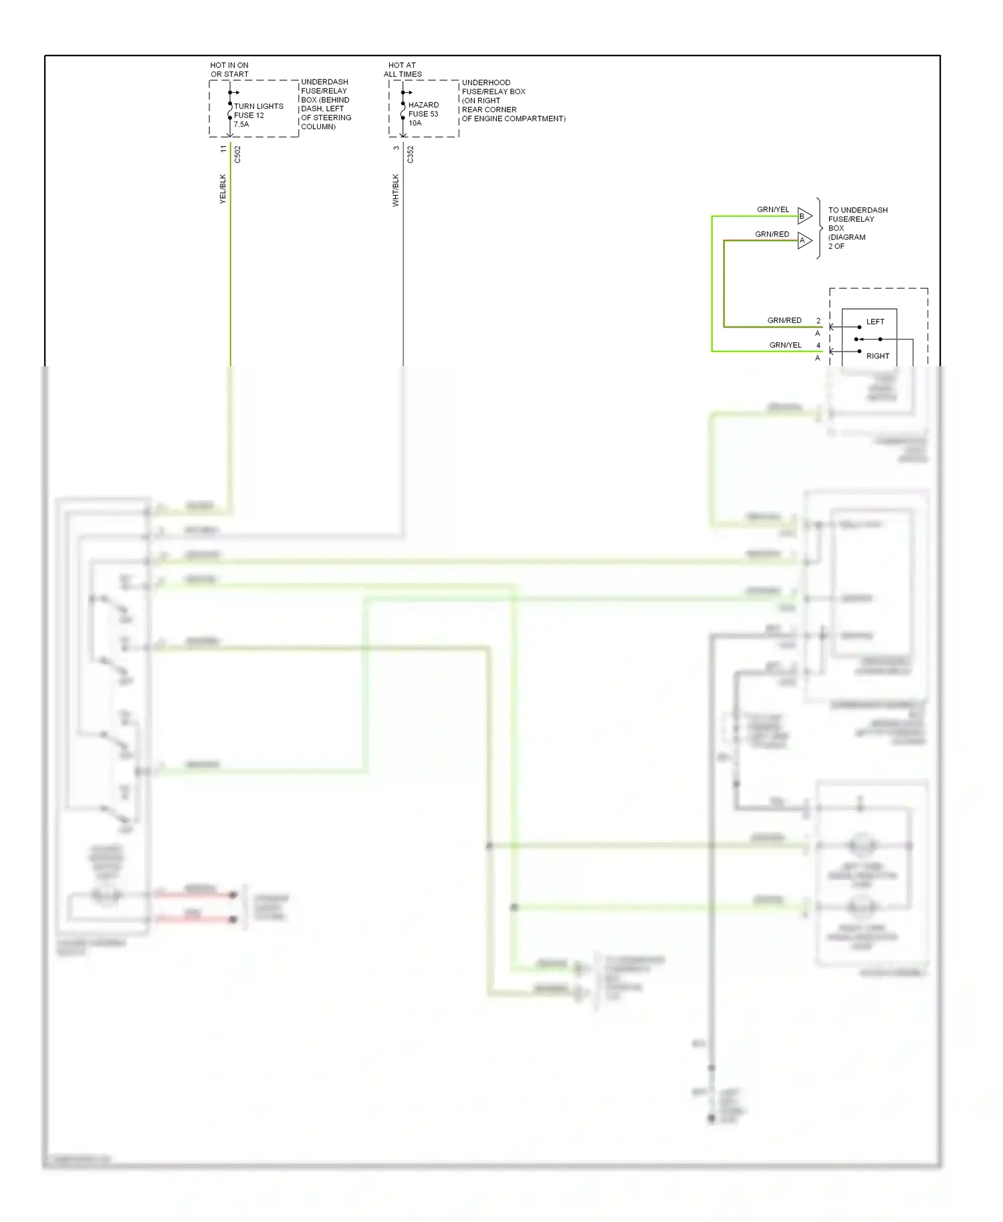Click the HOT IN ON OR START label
[x=229, y=70]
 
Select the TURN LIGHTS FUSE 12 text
[x=258, y=111]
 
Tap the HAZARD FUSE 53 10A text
[x=423, y=114]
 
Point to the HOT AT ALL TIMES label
[x=403, y=70]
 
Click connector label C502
[x=237, y=154]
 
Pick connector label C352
[x=411, y=154]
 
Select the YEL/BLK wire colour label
[x=223, y=189]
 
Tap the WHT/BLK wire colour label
[x=396, y=191]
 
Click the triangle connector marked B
[x=804, y=216]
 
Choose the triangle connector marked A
[x=804, y=241]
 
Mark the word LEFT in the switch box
[x=875, y=322]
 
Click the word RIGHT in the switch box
[x=878, y=356]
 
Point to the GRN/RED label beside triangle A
[x=772, y=234]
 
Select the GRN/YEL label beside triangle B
[x=773, y=209]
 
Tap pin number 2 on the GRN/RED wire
[x=818, y=321]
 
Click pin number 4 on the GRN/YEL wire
[x=818, y=346]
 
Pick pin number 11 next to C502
[x=223, y=149]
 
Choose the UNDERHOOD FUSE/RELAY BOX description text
[x=513, y=100]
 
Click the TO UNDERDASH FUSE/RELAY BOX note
[x=857, y=228]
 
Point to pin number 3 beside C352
[x=396, y=148]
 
